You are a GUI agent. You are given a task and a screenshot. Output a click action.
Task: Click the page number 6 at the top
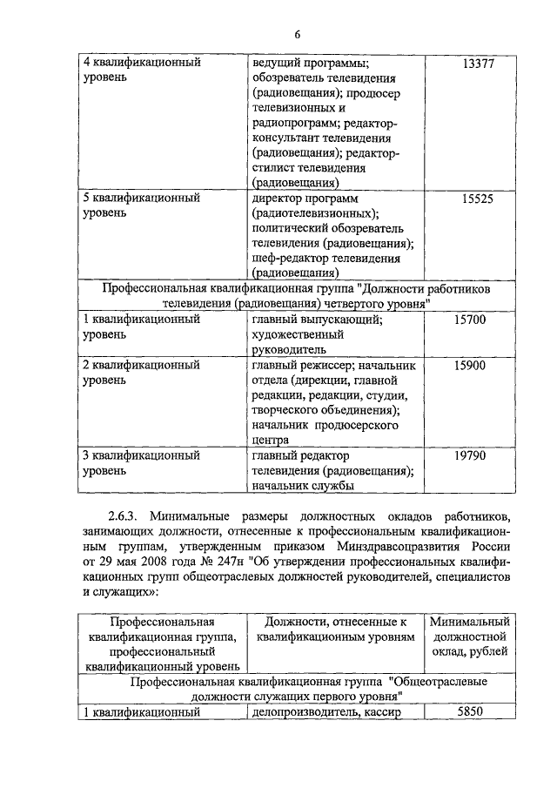pos(296,34)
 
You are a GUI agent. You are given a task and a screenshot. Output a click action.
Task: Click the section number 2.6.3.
pos(126,516)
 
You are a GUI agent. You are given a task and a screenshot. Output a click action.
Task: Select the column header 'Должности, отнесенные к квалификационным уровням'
pos(335,630)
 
